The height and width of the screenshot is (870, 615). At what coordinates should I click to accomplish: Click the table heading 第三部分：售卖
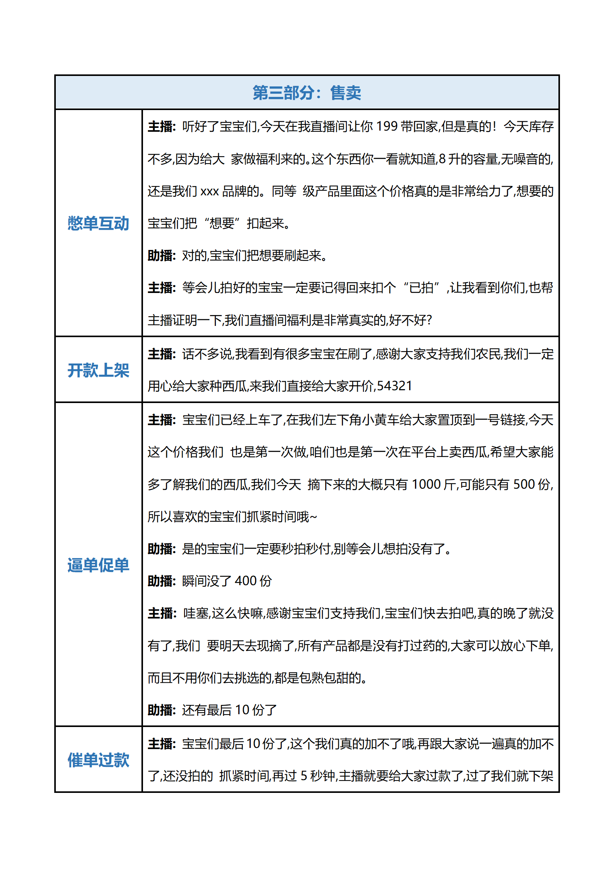coord(307,93)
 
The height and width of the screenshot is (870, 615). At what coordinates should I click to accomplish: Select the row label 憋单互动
coord(98,224)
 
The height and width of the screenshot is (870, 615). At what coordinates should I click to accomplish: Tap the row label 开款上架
coord(98,370)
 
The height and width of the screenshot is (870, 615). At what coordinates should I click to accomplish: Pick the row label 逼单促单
coord(98,565)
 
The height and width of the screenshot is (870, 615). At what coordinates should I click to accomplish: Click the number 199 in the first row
coord(387,127)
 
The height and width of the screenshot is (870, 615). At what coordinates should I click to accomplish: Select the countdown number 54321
coord(394,386)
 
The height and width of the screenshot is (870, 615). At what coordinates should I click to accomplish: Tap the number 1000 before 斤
coord(426,484)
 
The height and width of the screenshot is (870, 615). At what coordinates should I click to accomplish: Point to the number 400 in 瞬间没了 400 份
coord(246,581)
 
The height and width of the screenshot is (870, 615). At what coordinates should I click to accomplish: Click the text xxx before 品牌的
coord(210,191)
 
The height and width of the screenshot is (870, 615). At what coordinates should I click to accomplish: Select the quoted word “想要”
coord(222,224)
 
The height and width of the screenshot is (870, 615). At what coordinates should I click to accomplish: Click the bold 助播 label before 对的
coord(161,256)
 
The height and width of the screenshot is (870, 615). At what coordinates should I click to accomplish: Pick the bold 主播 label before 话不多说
coord(161,354)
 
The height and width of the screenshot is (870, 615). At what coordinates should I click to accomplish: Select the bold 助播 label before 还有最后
coord(161,710)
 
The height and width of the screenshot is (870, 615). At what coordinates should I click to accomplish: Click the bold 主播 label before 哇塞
coord(161,613)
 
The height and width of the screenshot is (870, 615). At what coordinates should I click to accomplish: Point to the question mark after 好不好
coord(429,320)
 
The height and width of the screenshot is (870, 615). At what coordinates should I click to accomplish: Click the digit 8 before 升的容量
coord(442,159)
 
